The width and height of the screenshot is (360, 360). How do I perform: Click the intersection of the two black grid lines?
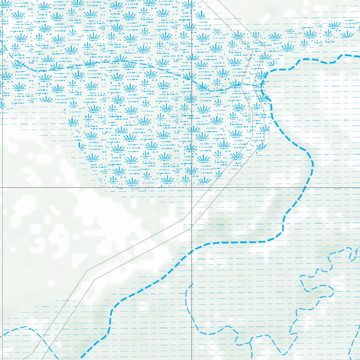(191, 187)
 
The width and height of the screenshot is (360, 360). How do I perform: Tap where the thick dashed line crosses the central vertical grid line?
(191, 252)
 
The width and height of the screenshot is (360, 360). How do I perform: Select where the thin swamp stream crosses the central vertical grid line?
(191, 79)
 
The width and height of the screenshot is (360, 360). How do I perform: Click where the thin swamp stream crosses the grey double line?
(246, 84)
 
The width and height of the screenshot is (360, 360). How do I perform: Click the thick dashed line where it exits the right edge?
(359, 56)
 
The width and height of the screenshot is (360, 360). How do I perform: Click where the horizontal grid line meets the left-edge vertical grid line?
(2, 187)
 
